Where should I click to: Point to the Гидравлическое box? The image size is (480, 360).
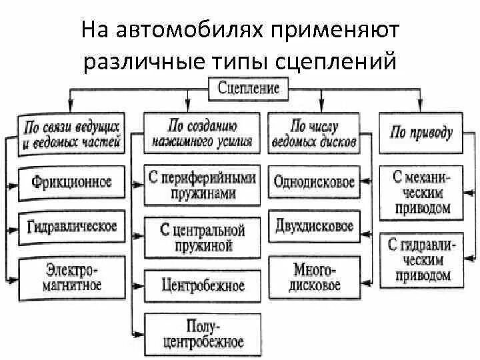coord(72,226)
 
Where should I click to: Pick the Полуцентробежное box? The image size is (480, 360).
coord(203,334)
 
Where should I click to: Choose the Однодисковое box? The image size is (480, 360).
coord(314,182)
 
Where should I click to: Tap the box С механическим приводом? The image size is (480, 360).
coord(422,193)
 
